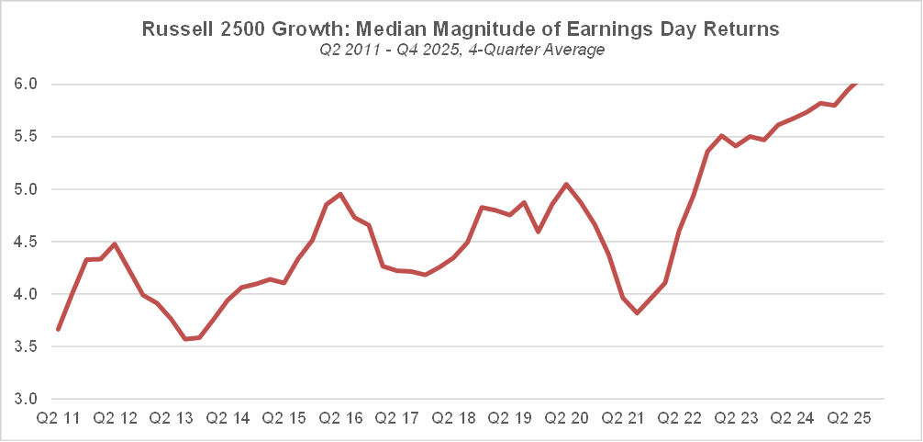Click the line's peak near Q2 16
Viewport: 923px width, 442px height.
pos(340,194)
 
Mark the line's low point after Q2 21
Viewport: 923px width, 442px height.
pos(638,313)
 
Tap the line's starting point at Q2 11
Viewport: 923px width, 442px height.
pos(58,329)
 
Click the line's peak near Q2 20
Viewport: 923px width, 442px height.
pos(566,184)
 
